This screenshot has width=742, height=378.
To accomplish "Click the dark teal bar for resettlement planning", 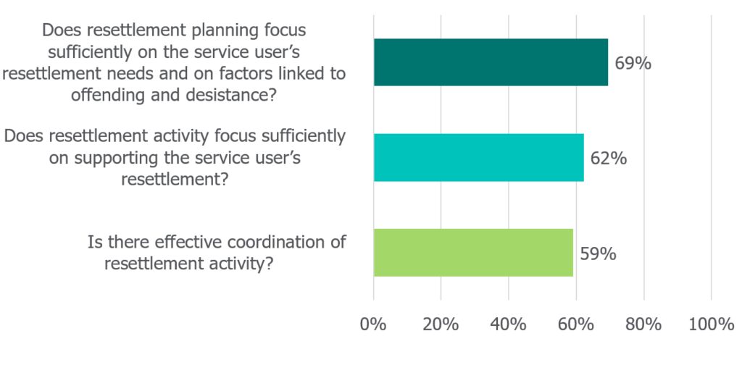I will pos(491,62).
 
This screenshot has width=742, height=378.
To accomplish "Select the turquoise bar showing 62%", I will pos(478,157).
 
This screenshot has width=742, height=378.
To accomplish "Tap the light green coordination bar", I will pos(473,252).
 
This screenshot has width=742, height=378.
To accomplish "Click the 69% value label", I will pos(633,63).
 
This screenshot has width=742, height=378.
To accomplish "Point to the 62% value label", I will pos(608,158).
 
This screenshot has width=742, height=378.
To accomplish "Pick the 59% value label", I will pos(598,253).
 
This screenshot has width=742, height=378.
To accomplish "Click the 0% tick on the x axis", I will pos(373,324).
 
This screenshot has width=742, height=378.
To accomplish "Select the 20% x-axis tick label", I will pos(440,324).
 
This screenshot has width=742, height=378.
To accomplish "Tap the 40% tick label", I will pos(508,324).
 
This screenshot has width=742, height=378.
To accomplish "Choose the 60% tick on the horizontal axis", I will pos(575,324).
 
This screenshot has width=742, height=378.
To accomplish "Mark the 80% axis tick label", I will pos(643,324).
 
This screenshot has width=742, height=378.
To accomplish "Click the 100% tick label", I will pos(711,324).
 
